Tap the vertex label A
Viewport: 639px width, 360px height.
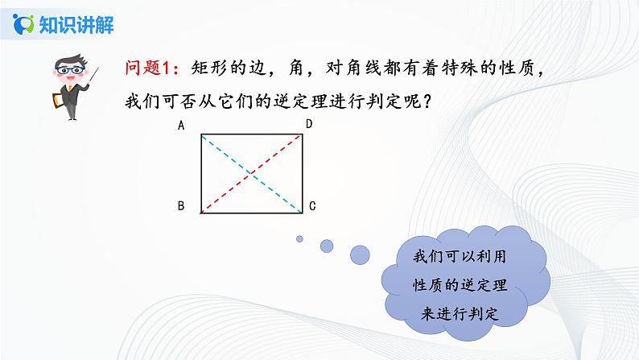pyautogui.click(x=182, y=126)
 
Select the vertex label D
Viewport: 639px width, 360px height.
pyautogui.click(x=308, y=124)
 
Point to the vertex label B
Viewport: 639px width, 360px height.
pyautogui.click(x=182, y=207)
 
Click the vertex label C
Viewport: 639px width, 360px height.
pyautogui.click(x=311, y=207)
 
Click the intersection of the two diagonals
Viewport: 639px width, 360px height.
pyautogui.click(x=251, y=172)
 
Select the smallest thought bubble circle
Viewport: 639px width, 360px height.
pyautogui.click(x=299, y=238)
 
